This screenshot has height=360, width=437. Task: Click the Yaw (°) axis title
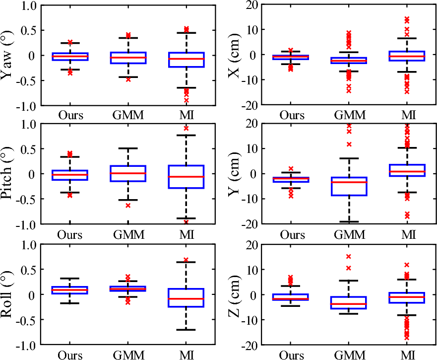8,55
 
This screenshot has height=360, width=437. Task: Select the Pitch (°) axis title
8,174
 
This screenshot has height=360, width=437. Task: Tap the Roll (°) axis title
8,294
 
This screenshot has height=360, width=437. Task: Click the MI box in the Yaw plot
186,60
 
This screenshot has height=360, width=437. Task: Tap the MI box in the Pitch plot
186,176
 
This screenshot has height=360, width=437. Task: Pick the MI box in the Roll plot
186,297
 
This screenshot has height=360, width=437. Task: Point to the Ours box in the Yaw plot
70,57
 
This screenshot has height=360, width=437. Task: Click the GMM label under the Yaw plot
128,115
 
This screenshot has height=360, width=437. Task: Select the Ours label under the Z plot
292,355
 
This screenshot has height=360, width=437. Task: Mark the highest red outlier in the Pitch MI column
186,128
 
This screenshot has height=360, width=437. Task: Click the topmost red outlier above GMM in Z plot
348,257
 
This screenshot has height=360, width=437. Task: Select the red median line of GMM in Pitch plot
128,173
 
